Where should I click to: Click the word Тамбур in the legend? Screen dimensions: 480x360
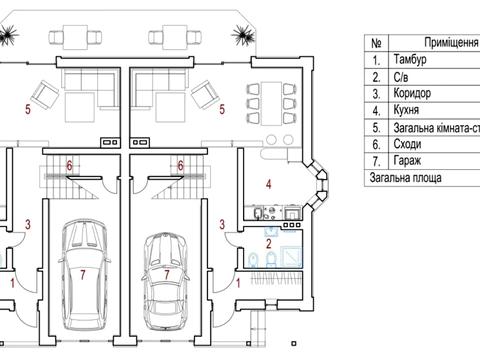410,60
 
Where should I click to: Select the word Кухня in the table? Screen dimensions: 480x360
406,110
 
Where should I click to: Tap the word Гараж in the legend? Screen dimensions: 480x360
407,161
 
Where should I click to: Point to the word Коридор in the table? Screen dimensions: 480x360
412,93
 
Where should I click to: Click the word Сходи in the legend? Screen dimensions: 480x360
407,144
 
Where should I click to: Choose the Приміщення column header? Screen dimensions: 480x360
451,43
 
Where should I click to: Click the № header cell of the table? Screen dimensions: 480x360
376,43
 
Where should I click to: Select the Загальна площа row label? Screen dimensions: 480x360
405,178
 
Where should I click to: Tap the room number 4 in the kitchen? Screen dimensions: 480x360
269,184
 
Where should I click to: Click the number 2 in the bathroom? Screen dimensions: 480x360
269,244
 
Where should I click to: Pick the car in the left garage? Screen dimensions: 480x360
84,273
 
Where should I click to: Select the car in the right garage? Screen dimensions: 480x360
166,281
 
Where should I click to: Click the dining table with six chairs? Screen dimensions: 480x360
272,103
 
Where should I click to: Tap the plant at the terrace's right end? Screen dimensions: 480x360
243,35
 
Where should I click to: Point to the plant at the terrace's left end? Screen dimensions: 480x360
8,34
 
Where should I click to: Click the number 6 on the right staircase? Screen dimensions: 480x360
180,165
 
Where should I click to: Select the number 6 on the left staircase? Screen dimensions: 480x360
69,165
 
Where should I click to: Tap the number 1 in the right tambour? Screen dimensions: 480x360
238,283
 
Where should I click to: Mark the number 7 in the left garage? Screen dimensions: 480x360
83,275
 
